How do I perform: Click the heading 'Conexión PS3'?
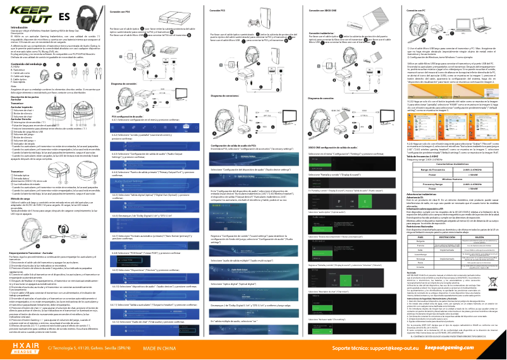[218, 11]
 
